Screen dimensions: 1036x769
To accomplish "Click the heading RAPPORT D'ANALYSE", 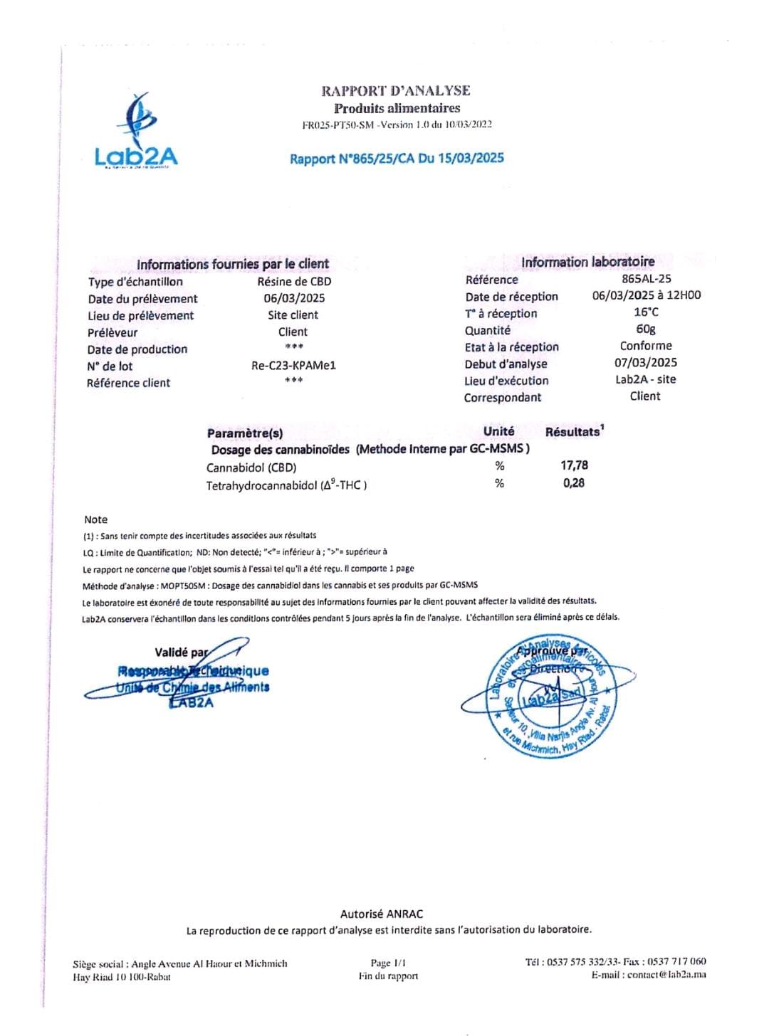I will (395, 90).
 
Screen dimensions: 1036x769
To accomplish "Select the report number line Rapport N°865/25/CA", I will (397, 158).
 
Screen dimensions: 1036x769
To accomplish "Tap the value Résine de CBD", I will (294, 281).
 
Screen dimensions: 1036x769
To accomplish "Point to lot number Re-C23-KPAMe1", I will (293, 366).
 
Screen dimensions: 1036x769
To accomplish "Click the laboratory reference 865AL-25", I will (646, 279).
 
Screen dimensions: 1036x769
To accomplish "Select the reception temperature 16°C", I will (646, 312).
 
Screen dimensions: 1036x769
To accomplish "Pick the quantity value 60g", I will (646, 329).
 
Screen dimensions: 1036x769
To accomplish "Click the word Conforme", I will (646, 346).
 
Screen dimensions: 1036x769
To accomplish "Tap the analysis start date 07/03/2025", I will (646, 362).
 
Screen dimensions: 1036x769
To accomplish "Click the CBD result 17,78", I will (574, 465).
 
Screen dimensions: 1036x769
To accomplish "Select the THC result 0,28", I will (573, 483).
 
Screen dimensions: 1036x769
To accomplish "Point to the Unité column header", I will (498, 431).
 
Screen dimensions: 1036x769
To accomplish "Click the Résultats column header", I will (573, 432).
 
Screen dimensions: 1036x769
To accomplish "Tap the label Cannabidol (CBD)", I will (251, 467).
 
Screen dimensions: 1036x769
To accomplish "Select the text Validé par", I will (181, 652).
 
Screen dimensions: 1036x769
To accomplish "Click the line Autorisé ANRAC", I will (382, 914).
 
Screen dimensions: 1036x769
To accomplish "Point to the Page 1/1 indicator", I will (388, 963).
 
